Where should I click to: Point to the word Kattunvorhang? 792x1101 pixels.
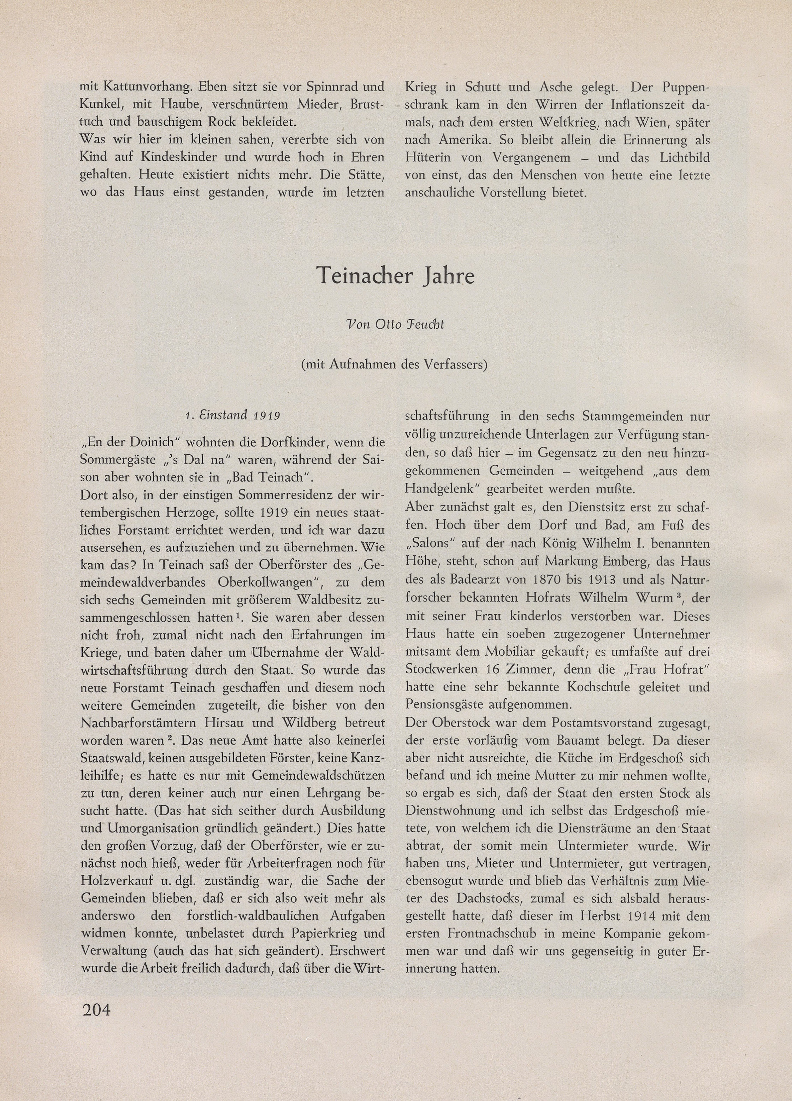tap(143, 87)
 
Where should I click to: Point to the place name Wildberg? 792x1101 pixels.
tap(308, 722)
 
